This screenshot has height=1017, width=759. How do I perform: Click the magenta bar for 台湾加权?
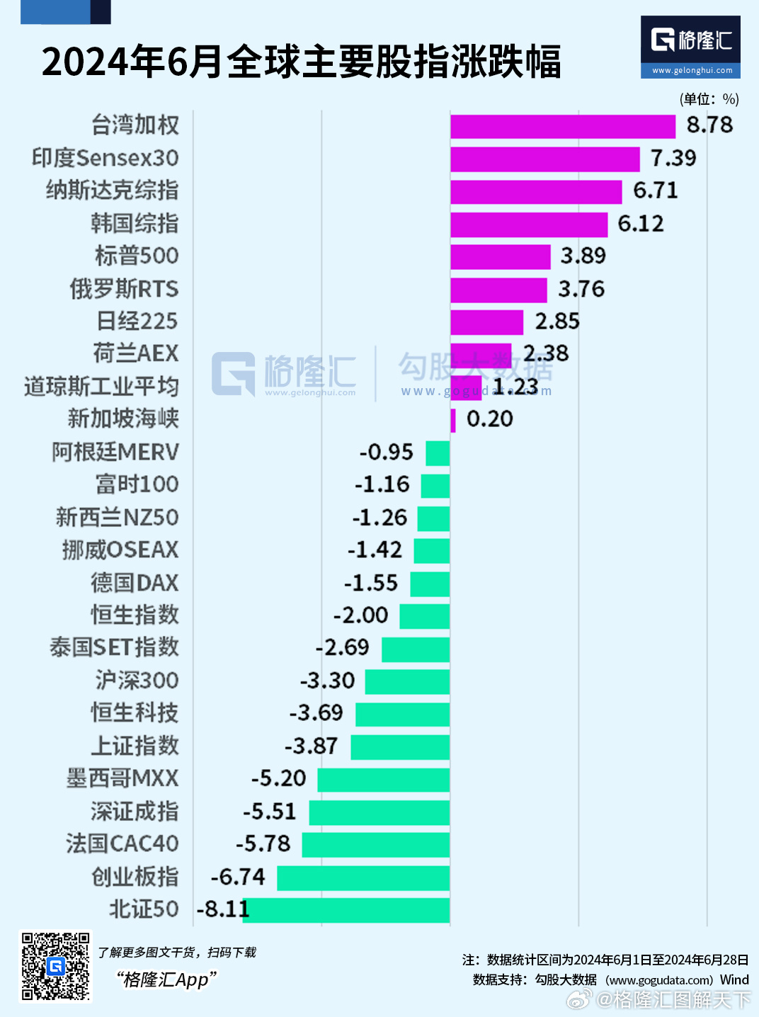pyautogui.click(x=563, y=126)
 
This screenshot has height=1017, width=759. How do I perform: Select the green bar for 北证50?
pyautogui.click(x=346, y=910)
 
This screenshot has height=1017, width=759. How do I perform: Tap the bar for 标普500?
pyautogui.click(x=501, y=256)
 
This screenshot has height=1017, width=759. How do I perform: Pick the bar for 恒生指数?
pyautogui.click(x=425, y=615)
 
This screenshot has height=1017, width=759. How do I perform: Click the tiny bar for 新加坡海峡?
pyautogui.click(x=453, y=420)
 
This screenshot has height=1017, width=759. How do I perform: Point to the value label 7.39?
pyautogui.click(x=673, y=158)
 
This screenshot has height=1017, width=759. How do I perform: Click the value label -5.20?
pyautogui.click(x=279, y=778)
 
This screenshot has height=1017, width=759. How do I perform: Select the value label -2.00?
pyautogui.click(x=361, y=615)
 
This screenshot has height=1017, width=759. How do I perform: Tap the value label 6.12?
pyautogui.click(x=641, y=224)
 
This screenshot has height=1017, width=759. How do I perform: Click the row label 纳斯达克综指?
pyautogui.click(x=112, y=191)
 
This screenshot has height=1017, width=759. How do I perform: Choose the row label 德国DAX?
pyautogui.click(x=135, y=583)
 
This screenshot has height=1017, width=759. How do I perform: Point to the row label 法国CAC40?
pyautogui.click(x=122, y=843)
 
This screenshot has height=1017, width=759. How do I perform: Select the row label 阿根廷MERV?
pyautogui.click(x=115, y=452)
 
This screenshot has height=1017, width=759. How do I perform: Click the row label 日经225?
pyautogui.click(x=137, y=322)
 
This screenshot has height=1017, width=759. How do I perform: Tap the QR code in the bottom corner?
pyautogui.click(x=55, y=965)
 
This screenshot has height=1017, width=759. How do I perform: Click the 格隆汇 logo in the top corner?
pyautogui.click(x=690, y=46)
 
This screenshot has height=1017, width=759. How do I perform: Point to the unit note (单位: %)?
pyautogui.click(x=709, y=99)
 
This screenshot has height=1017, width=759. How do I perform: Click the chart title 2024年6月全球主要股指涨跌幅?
pyautogui.click(x=302, y=62)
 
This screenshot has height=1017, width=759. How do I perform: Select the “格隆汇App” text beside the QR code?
pyautogui.click(x=167, y=979)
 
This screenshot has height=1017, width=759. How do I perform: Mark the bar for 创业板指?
pyautogui.click(x=363, y=877)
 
